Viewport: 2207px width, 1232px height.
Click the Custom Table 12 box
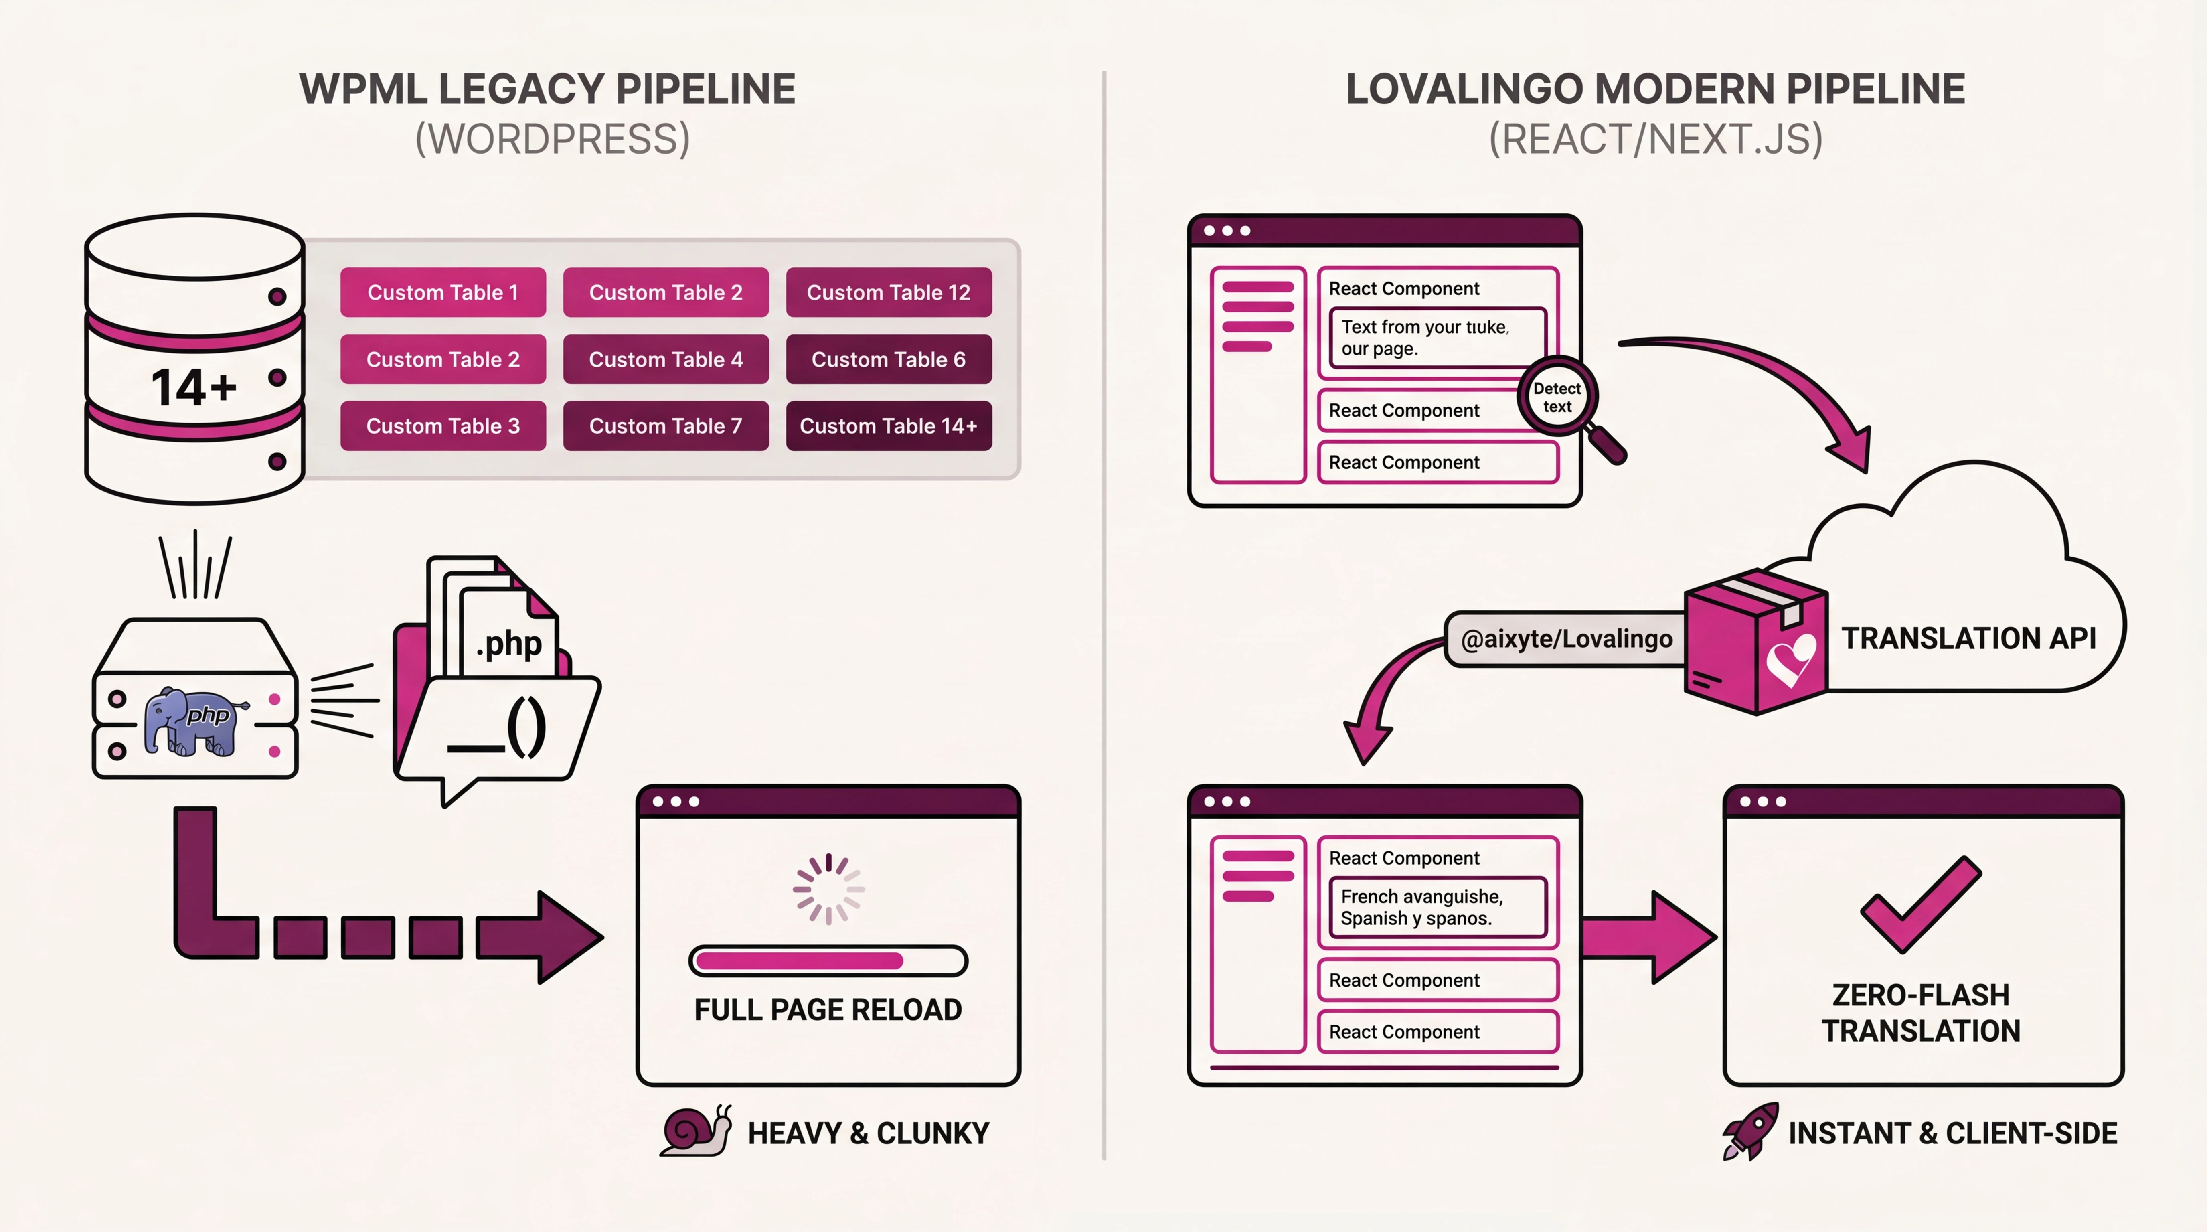(889, 292)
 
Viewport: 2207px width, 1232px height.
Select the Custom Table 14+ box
(889, 426)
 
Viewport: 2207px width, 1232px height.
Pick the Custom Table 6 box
(889, 359)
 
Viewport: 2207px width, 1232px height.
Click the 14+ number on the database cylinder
(194, 387)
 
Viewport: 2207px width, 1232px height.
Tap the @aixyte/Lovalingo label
(1565, 639)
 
